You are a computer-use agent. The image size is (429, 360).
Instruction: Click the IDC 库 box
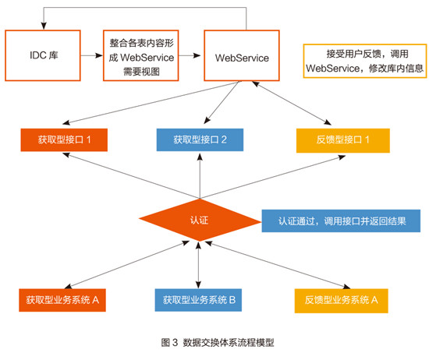click(43, 55)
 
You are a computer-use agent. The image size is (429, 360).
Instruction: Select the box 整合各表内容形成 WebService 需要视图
click(141, 55)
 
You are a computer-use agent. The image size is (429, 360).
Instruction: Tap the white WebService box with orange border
click(242, 55)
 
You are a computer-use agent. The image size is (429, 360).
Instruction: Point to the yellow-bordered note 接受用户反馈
click(365, 61)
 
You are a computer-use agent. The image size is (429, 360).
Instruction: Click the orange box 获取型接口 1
click(64, 140)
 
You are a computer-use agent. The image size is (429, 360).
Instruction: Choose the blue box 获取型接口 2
click(200, 140)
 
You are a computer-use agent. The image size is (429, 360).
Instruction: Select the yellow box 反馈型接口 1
click(343, 140)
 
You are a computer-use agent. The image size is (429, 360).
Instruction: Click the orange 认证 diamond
click(200, 220)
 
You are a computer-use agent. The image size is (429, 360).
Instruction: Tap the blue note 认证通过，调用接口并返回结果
click(341, 221)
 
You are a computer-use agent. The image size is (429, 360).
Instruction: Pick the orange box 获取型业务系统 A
click(62, 300)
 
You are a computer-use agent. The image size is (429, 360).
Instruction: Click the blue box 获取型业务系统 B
click(198, 300)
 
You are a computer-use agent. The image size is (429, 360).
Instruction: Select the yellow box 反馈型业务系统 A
click(341, 301)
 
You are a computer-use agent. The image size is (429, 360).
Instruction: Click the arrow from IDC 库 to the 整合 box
click(92, 55)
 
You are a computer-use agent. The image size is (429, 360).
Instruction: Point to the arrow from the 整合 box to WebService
click(190, 55)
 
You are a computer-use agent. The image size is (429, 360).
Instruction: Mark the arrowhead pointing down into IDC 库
click(44, 26)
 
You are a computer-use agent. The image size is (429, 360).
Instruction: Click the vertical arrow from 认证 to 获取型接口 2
click(200, 176)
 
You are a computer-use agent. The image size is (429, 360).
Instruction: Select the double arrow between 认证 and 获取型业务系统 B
click(199, 265)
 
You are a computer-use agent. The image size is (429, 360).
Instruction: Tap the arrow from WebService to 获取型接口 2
click(222, 103)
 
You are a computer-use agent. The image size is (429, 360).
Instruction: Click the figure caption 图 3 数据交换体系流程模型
click(218, 342)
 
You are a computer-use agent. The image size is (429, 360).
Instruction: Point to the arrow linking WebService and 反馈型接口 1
click(292, 103)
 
